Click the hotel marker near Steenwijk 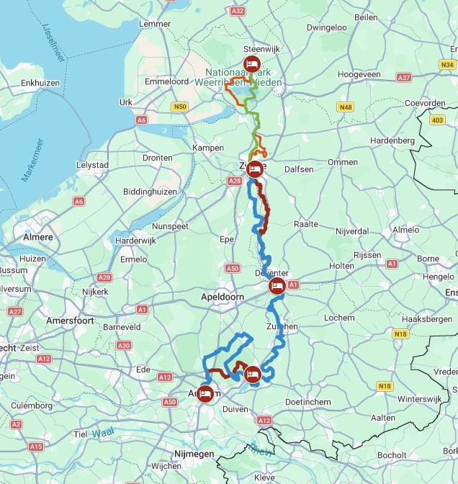coord(252,63)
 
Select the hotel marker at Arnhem coord(205,393)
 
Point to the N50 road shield coord(180,107)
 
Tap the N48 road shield coord(346,107)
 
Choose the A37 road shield coord(404,77)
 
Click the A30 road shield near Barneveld coord(124,346)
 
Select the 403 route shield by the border coord(438,120)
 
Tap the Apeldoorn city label coord(223,296)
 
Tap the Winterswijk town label coord(420,398)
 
